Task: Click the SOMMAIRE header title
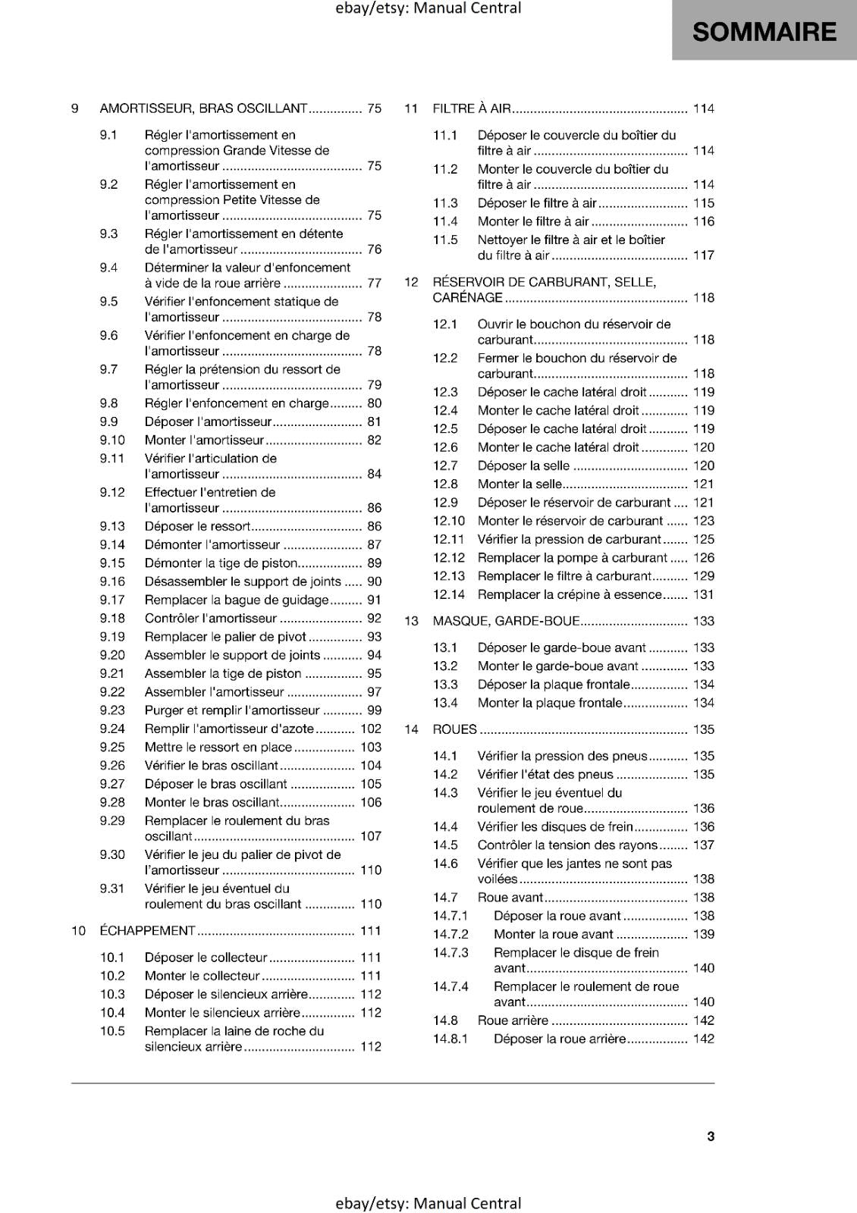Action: point(764,32)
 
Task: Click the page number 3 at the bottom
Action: point(711,1136)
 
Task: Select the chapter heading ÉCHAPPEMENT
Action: point(147,930)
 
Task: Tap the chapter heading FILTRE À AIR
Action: point(472,108)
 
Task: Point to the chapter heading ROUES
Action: point(454,729)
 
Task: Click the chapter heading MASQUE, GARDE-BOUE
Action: point(506,621)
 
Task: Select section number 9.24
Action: point(112,729)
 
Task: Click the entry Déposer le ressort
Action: point(197,526)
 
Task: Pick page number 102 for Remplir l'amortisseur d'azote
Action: point(371,729)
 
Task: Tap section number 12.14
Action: point(449,594)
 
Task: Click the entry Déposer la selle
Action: point(523,465)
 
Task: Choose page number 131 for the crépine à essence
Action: point(704,594)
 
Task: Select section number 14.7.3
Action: point(450,952)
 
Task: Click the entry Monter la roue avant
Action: point(554,934)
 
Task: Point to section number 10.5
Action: point(112,1031)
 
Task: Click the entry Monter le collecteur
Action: point(202,976)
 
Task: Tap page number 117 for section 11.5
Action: point(704,255)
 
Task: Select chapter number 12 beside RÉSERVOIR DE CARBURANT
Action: point(411,282)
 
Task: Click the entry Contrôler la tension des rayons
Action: point(567,845)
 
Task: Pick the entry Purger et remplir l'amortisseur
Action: point(232,710)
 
